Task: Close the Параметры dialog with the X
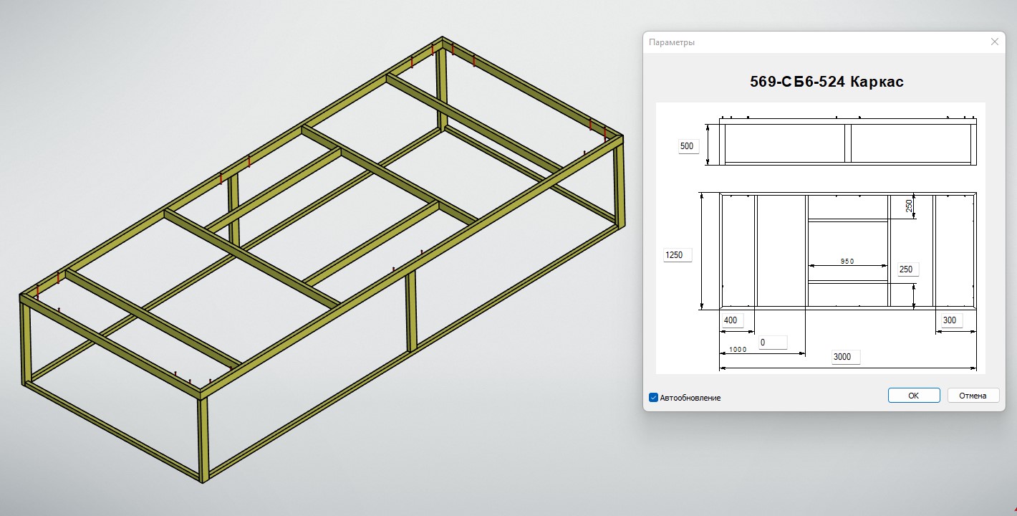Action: click(x=994, y=42)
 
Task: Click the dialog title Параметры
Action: click(x=671, y=42)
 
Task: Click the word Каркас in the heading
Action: click(x=877, y=82)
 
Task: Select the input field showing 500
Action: click(x=688, y=146)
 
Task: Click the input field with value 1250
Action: click(x=678, y=255)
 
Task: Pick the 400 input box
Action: click(x=731, y=320)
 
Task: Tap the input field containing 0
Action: click(x=772, y=343)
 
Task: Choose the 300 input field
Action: click(x=950, y=320)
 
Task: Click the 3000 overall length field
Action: click(x=846, y=357)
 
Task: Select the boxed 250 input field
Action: click(x=907, y=269)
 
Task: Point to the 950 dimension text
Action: click(x=847, y=262)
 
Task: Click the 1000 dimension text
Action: click(x=738, y=350)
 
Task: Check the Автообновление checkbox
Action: click(x=653, y=397)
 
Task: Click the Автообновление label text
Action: click(x=690, y=398)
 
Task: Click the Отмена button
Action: click(x=973, y=396)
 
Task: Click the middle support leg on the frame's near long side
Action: click(x=412, y=312)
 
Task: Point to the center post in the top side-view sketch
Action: click(x=847, y=144)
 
